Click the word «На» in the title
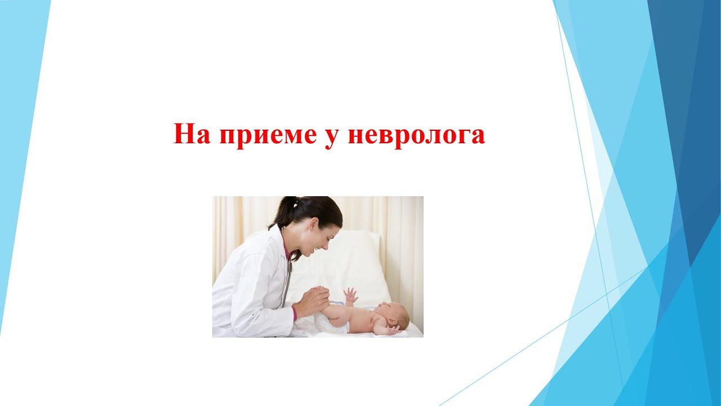[x=192, y=134]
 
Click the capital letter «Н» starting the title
[x=184, y=134]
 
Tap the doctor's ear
[x=313, y=223]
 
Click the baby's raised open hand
[x=350, y=295]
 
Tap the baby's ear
[x=393, y=322]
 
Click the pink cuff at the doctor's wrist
[x=294, y=314]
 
